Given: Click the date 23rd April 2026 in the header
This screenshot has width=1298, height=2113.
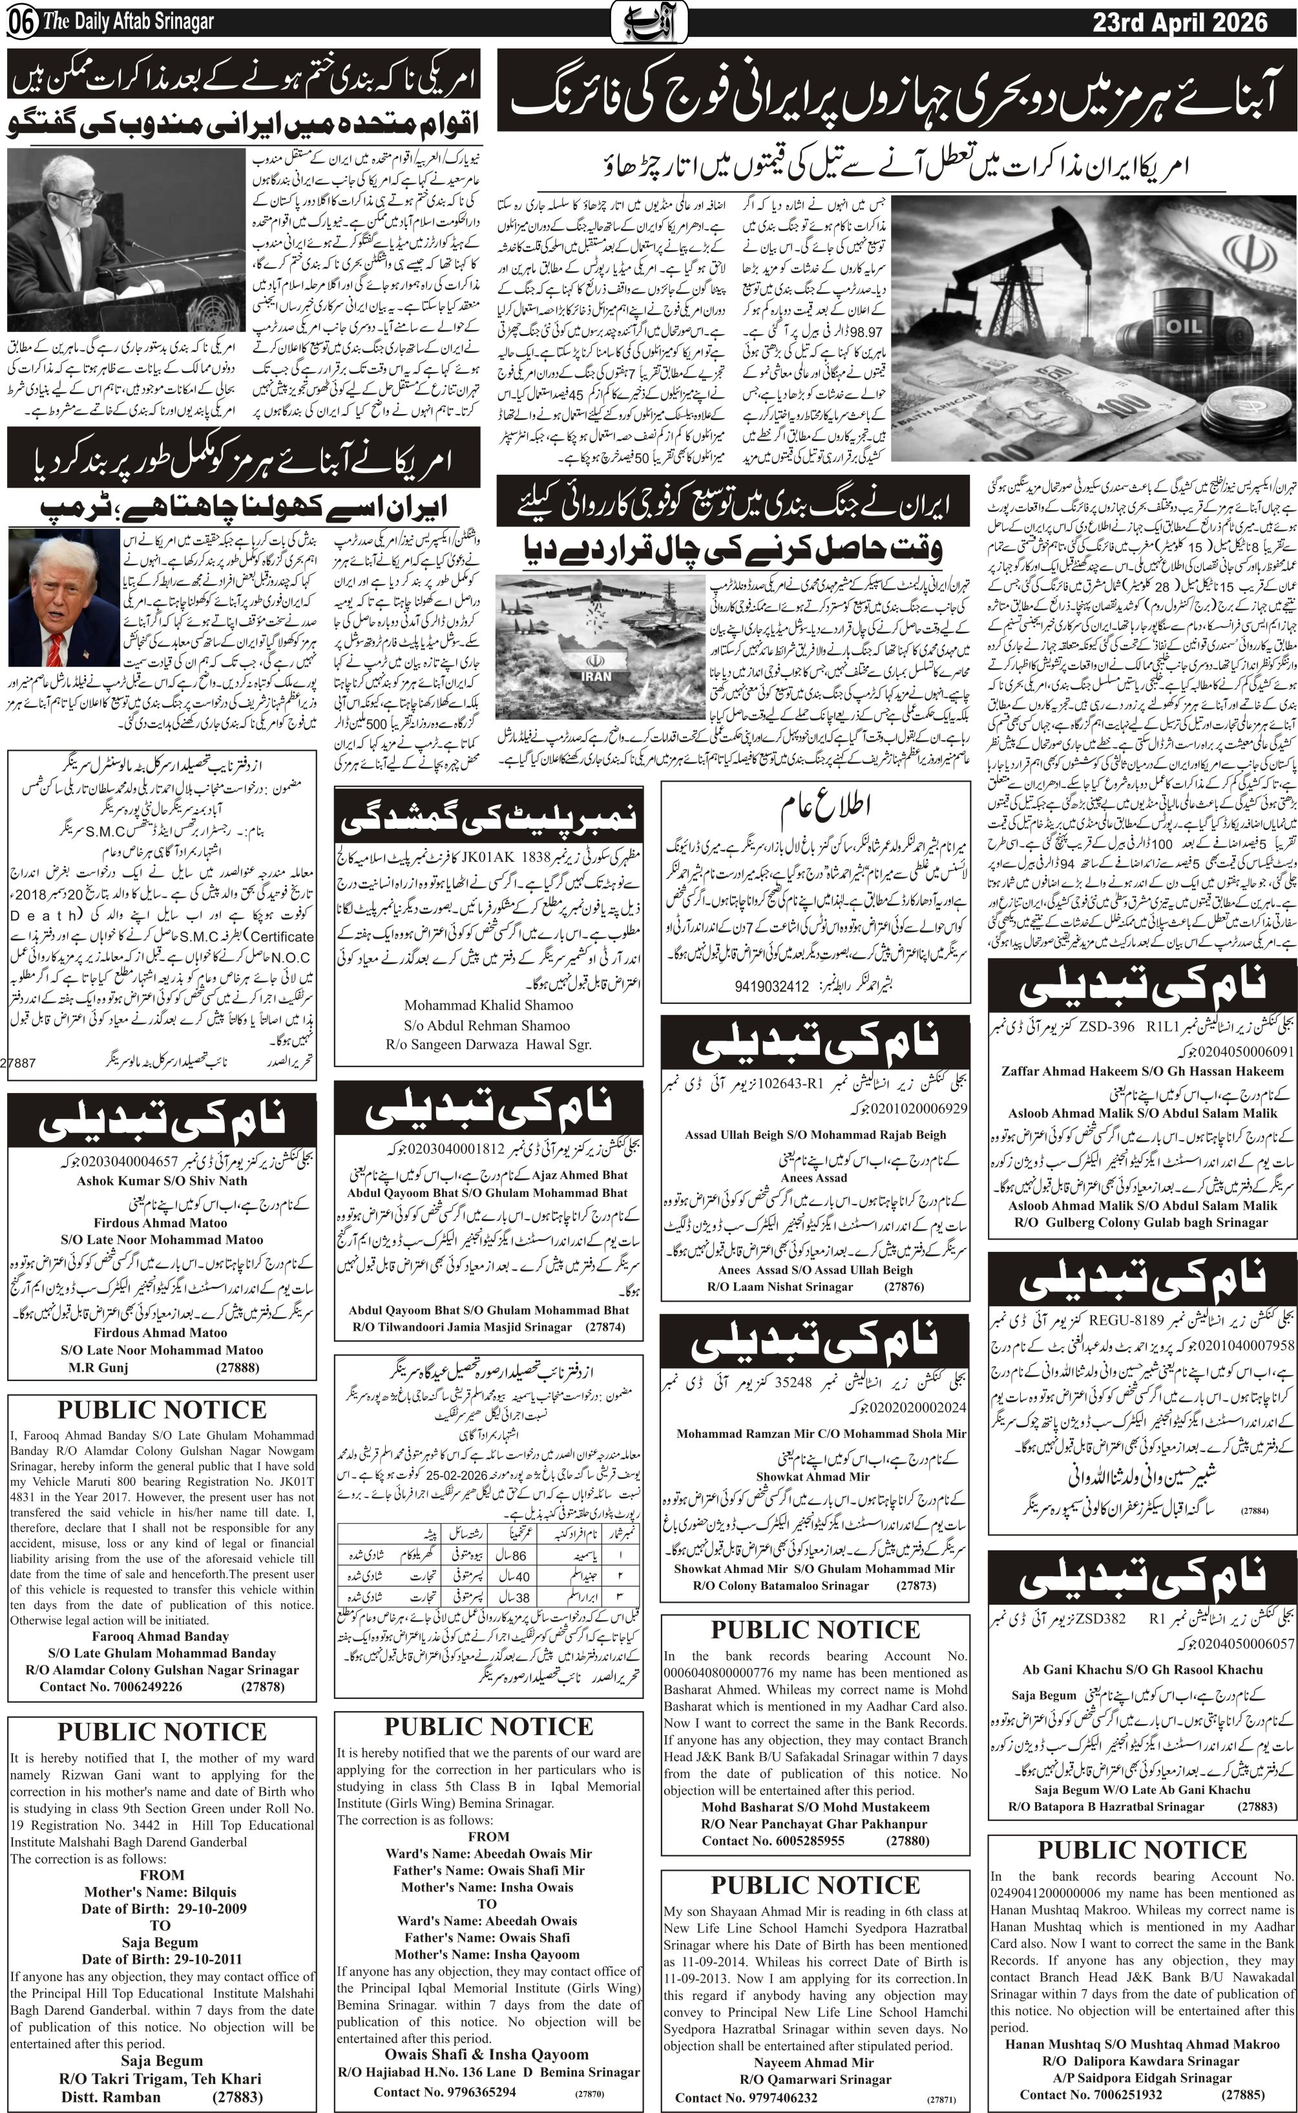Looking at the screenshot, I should (x=1180, y=23).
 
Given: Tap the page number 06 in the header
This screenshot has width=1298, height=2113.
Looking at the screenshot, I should (x=21, y=24).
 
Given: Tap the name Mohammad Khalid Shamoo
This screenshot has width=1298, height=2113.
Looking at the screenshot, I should (x=488, y=1005).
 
